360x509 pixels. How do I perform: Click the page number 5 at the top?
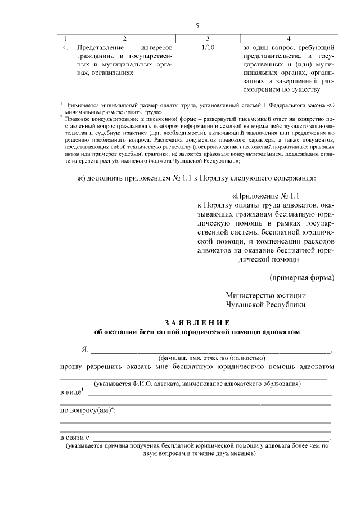tap(197, 26)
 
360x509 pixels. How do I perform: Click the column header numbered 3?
tap(208, 39)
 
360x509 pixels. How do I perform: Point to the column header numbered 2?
tap(125, 39)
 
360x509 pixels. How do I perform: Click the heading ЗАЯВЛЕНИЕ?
tap(197, 322)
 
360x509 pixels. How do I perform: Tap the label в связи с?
tap(75, 437)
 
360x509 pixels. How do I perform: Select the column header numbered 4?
tap(289, 39)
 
